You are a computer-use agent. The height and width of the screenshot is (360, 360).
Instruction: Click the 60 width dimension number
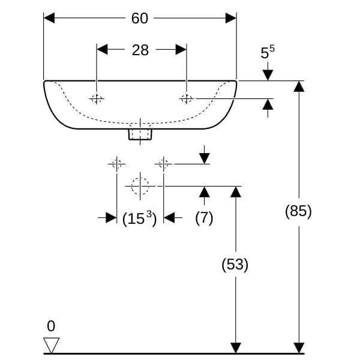coord(140,19)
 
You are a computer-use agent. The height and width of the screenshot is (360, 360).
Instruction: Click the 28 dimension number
coord(140,50)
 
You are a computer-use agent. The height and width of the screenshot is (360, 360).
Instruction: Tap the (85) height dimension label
coord(298,211)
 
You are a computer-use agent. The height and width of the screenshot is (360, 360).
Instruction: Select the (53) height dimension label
coord(235,264)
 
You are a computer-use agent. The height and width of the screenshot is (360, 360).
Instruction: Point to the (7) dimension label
coord(204,218)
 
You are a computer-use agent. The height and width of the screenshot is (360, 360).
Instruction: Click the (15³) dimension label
coord(139,218)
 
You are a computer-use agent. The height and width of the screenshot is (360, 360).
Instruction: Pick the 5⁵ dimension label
coord(267,52)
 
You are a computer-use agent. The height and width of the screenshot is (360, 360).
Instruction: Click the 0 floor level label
coord(51,326)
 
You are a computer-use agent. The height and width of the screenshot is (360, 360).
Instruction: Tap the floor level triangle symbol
coord(52,344)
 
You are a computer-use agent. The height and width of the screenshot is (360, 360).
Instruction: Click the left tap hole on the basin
coord(97,98)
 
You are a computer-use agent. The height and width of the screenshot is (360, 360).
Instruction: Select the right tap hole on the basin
coord(187,98)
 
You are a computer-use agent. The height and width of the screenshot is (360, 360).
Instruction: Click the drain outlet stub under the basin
coord(140,134)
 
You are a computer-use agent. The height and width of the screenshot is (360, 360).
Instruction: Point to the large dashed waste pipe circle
coord(140,187)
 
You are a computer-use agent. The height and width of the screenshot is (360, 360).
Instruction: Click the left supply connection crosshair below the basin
coord(116,163)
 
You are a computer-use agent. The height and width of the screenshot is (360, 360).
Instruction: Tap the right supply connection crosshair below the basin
coord(163,163)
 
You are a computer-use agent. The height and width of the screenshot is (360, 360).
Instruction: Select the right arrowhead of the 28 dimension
coord(181,50)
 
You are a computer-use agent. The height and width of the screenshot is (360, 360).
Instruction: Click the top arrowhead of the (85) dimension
coord(298,86)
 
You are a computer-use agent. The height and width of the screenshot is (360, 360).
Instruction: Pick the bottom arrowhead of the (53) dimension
coord(236,347)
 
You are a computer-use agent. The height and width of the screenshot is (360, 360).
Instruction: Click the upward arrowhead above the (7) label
coord(205,192)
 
